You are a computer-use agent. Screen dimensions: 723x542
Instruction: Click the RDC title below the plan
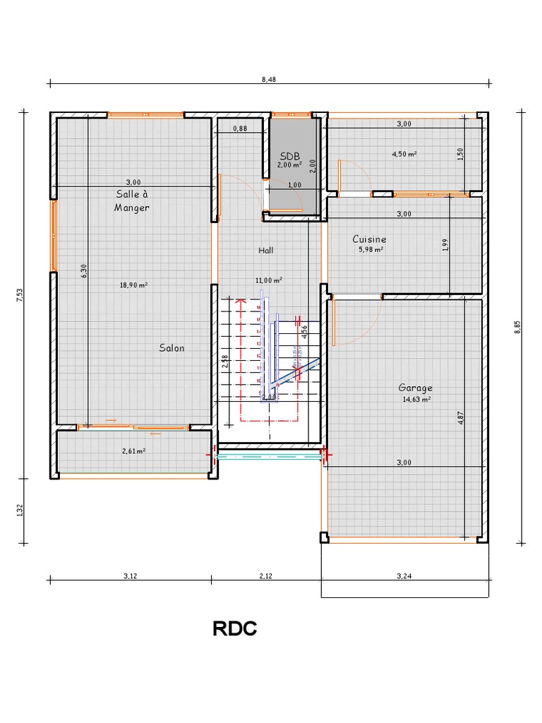[234, 629]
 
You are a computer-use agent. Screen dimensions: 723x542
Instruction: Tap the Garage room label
[416, 388]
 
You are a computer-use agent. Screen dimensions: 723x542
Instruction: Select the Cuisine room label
[370, 239]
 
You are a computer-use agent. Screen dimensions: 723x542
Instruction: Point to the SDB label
[290, 156]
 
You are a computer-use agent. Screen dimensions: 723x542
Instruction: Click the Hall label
[266, 250]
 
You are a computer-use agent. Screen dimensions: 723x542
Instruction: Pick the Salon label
[171, 348]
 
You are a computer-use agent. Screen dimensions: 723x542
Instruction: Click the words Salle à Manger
[132, 201]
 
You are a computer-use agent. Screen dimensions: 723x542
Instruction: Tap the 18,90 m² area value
[133, 285]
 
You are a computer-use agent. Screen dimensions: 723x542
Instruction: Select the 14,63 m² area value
[416, 399]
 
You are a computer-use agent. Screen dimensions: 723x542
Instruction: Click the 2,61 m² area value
[133, 450]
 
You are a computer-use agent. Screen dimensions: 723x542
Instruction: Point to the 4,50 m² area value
[404, 153]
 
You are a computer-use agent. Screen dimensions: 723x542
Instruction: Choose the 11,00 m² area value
[269, 280]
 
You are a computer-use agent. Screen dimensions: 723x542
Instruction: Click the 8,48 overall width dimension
[268, 80]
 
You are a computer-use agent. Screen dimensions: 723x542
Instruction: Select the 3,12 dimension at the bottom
[130, 576]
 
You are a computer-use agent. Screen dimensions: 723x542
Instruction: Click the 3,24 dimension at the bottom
[404, 576]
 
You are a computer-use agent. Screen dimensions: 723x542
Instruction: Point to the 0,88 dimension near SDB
[240, 129]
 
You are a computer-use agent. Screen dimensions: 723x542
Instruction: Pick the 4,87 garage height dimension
[461, 417]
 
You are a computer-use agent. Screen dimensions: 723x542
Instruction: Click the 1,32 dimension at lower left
[19, 510]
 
